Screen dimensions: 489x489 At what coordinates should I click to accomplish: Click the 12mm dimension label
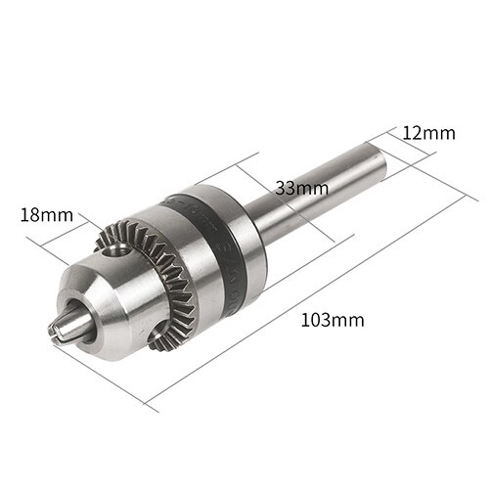[428, 132]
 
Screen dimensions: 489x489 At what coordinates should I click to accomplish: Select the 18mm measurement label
[46, 214]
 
